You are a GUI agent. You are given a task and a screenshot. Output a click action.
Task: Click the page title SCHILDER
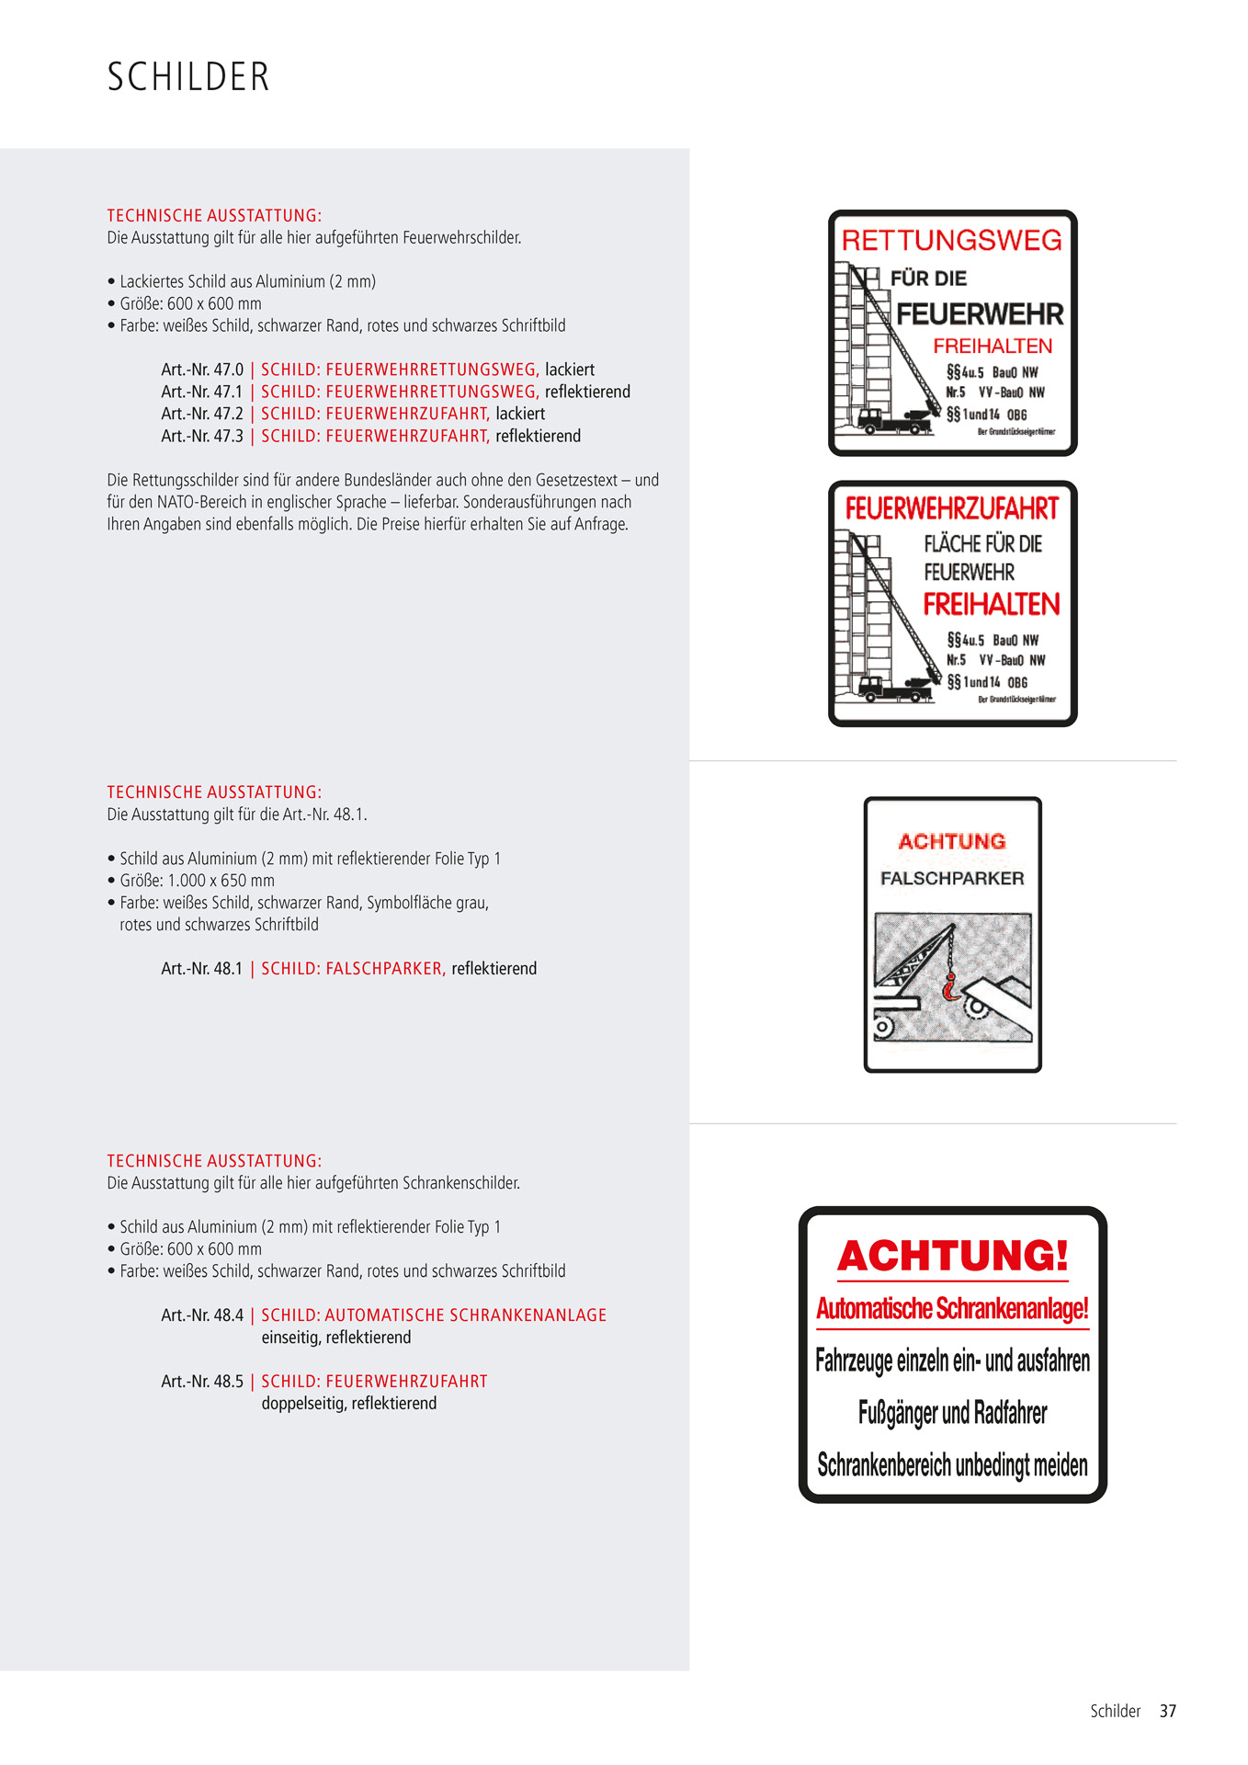(188, 77)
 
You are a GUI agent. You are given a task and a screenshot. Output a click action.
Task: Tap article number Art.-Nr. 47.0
(202, 370)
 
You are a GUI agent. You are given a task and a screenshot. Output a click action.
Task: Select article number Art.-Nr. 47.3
(202, 436)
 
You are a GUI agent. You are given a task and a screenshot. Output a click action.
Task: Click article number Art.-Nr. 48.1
(202, 969)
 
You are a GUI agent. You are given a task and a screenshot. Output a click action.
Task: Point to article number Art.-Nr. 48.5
(202, 1382)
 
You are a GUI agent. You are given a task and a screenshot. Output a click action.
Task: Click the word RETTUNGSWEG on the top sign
(951, 241)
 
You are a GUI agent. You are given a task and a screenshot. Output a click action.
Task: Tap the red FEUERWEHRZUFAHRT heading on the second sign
(951, 508)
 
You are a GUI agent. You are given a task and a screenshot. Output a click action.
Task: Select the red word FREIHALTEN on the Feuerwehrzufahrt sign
(992, 604)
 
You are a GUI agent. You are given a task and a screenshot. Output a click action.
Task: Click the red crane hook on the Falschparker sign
(950, 989)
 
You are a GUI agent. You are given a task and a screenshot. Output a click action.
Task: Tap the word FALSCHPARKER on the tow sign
(952, 879)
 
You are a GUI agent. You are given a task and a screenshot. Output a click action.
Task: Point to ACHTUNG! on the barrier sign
(952, 1256)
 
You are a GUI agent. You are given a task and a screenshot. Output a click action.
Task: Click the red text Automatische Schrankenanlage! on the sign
(952, 1308)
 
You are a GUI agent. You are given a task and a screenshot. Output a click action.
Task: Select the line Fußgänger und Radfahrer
(952, 1413)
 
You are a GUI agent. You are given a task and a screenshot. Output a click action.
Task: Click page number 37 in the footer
(1167, 1711)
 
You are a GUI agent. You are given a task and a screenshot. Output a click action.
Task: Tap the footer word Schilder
(1115, 1711)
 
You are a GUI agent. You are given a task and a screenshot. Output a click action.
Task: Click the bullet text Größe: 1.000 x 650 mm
(197, 881)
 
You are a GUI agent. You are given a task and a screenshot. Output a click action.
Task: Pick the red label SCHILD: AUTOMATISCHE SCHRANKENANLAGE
(434, 1315)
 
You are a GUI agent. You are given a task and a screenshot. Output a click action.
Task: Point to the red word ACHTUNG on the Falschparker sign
(952, 841)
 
